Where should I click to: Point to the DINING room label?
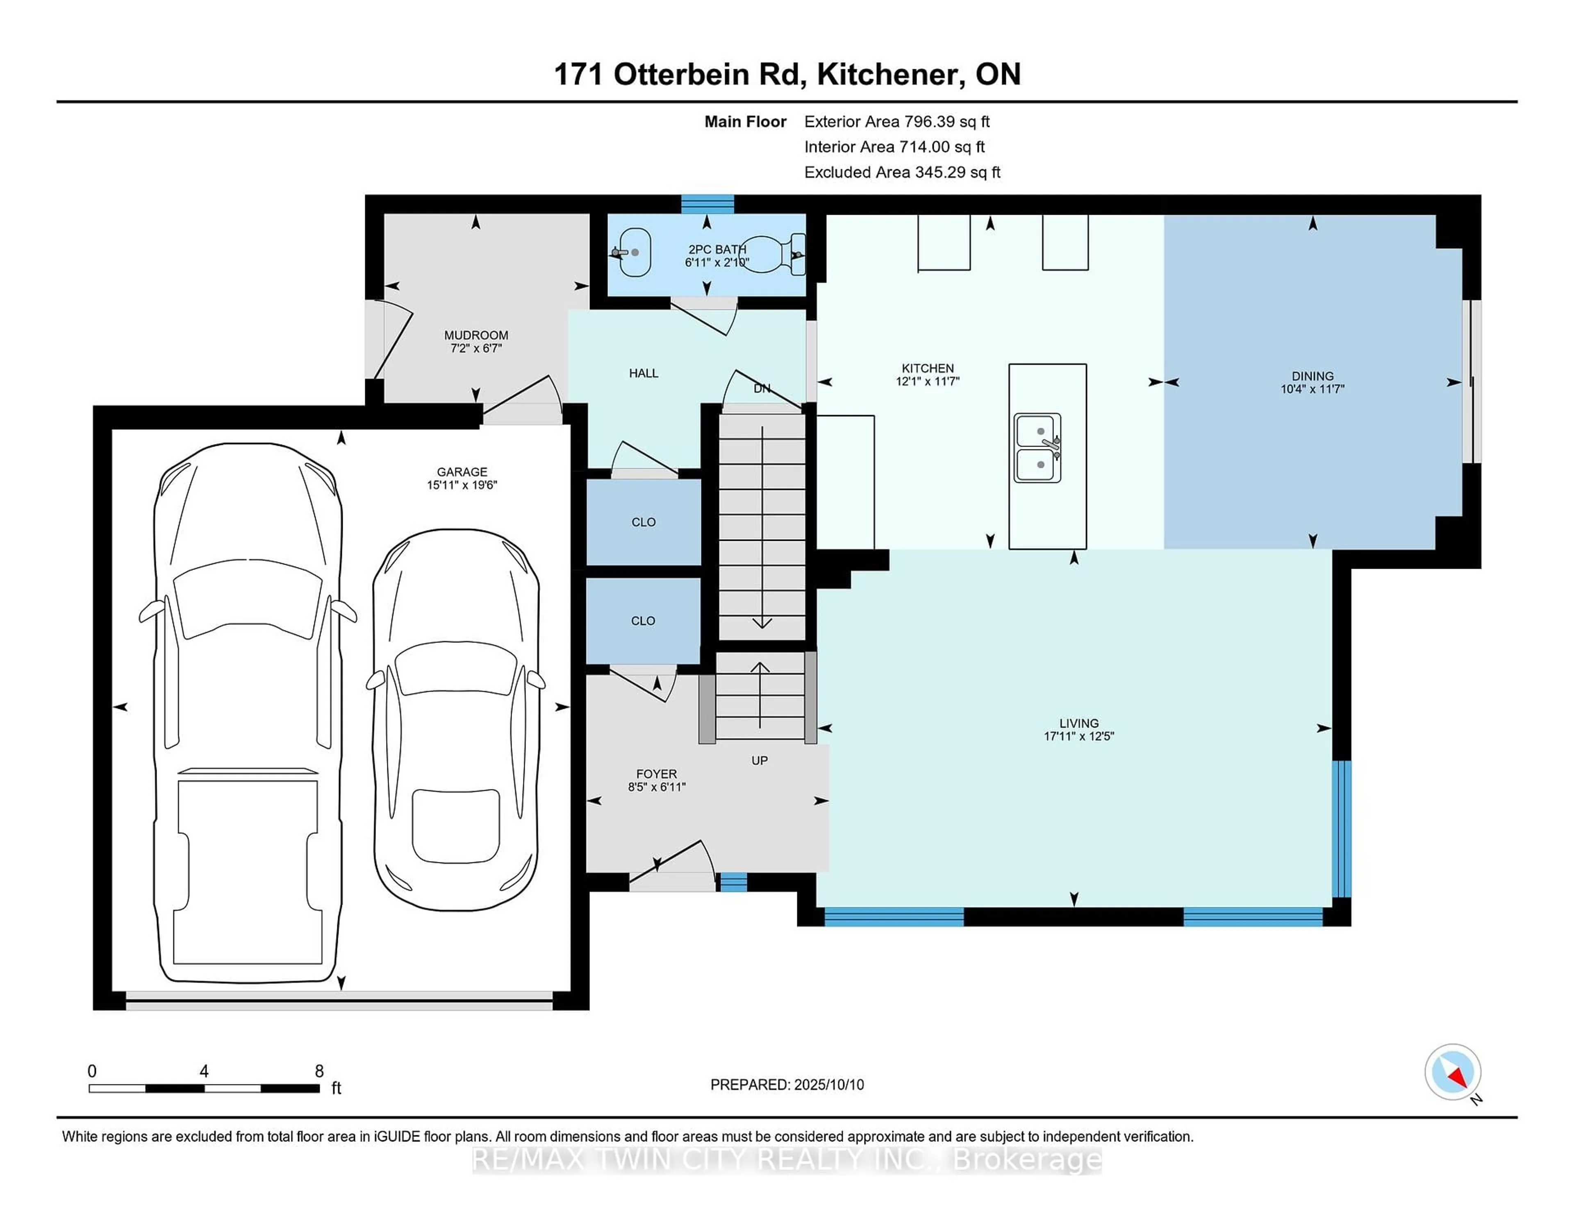(x=1312, y=376)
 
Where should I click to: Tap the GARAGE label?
(x=462, y=472)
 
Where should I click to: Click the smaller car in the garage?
(x=455, y=720)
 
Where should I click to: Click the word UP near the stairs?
(x=760, y=761)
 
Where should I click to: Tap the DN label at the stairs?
(x=762, y=389)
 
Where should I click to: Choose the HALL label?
(x=644, y=373)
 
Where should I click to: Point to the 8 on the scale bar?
(x=319, y=1071)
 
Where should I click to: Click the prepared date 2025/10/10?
(x=829, y=1085)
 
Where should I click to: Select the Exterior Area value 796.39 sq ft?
(x=948, y=122)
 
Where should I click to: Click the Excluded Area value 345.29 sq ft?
(x=958, y=172)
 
